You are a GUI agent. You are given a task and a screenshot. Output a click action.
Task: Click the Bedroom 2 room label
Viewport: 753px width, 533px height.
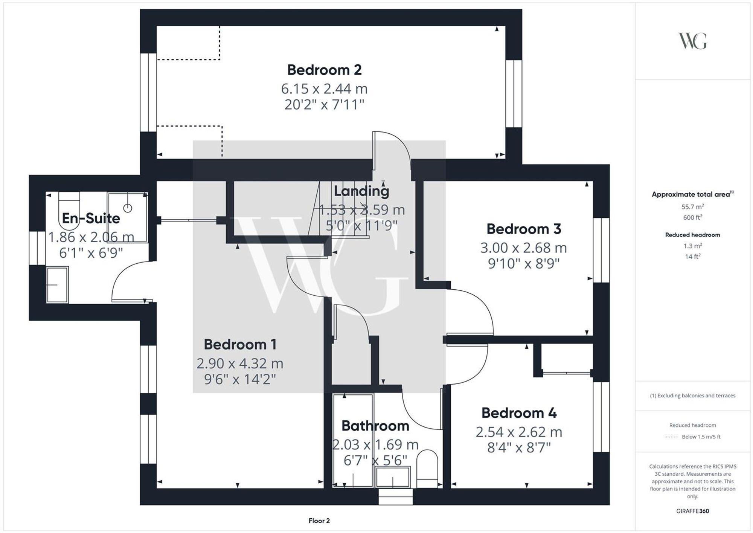324,70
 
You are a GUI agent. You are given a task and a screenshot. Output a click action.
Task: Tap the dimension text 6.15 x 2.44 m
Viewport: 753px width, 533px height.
324,89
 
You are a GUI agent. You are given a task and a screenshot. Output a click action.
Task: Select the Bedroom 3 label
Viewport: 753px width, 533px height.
524,229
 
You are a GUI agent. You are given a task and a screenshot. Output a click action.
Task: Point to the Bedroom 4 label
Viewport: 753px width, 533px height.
519,413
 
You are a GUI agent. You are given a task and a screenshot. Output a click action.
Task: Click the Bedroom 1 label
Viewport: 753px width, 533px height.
240,344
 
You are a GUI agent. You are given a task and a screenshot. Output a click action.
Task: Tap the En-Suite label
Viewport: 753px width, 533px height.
91,218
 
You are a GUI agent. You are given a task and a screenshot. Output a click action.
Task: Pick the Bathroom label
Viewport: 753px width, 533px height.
375,426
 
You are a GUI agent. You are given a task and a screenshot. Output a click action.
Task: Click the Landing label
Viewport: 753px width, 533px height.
361,191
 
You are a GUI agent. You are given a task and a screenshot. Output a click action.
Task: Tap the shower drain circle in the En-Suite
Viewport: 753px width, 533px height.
128,208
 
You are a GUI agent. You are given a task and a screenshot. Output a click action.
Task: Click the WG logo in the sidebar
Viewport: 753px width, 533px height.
692,41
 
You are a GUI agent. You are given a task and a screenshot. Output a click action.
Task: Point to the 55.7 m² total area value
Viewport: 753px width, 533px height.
692,207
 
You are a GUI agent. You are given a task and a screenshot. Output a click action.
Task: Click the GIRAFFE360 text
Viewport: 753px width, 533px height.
692,511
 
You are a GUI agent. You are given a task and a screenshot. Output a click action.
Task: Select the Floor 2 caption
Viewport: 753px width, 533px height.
319,521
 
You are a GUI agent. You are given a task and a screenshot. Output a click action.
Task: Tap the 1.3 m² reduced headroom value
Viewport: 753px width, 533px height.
692,246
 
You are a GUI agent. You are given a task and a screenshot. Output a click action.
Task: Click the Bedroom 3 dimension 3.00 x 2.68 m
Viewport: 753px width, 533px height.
523,248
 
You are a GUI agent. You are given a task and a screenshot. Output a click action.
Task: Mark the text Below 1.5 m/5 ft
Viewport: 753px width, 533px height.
701,437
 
